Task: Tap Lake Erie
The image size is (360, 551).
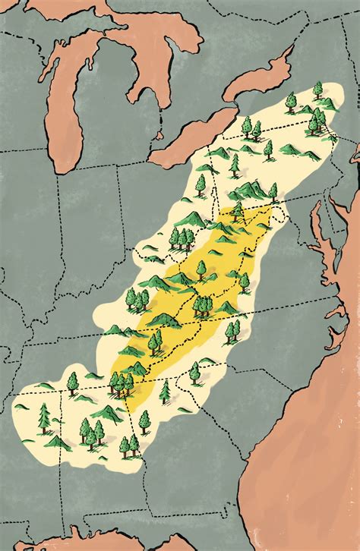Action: coord(190,137)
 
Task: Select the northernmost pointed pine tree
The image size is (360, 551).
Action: coord(317,90)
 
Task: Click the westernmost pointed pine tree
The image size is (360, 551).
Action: coord(44,418)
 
